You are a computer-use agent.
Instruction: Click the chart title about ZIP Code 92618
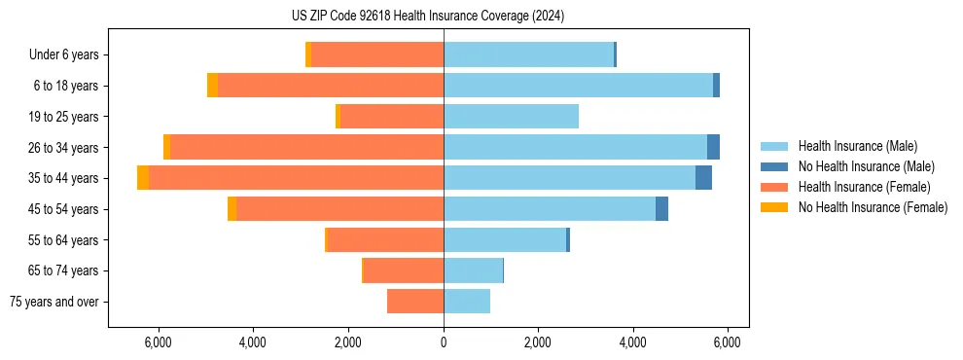click(x=427, y=16)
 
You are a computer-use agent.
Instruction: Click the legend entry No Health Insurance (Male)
click(x=866, y=166)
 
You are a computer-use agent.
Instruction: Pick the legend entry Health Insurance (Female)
click(x=864, y=187)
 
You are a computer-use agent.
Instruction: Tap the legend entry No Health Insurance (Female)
click(x=873, y=207)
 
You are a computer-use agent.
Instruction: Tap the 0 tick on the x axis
click(x=444, y=342)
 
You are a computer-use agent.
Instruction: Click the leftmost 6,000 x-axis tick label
click(x=158, y=342)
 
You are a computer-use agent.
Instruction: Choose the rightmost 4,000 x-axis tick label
click(x=633, y=342)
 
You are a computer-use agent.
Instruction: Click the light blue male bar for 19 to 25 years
click(x=511, y=117)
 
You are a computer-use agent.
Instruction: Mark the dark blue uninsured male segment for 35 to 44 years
click(x=703, y=178)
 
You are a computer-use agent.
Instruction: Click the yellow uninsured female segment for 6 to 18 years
click(x=212, y=86)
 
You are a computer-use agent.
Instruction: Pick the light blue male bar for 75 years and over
click(x=467, y=302)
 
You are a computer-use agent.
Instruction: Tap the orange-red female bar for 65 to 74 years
click(x=404, y=270)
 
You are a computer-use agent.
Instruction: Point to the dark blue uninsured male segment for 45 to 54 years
click(x=661, y=209)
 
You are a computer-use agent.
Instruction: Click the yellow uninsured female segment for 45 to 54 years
click(x=232, y=209)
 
